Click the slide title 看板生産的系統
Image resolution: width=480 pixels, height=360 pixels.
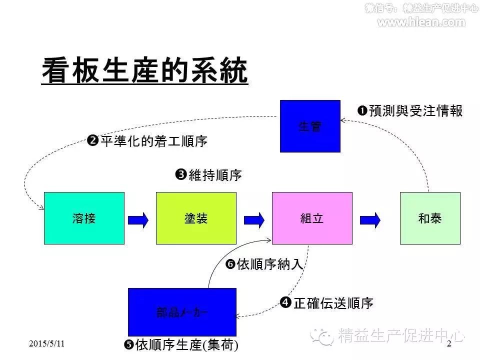pos(144,71)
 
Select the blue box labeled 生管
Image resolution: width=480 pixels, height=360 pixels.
pos(310,126)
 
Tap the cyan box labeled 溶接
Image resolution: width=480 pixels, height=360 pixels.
pos(84,218)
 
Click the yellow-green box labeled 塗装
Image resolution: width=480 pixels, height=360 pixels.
pos(196,218)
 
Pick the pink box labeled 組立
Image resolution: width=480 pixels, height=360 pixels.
pos(312,218)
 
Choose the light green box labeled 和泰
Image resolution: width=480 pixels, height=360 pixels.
pos(430,218)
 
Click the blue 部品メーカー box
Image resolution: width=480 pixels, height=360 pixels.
pos(182,312)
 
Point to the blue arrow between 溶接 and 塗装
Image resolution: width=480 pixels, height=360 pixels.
pos(138,219)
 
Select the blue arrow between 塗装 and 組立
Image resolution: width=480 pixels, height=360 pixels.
pos(254,219)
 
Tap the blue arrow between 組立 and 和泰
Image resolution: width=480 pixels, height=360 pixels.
pos(370,219)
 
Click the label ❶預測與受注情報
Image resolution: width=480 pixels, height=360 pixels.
pos(410,111)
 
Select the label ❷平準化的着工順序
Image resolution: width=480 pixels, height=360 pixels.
pos(147,141)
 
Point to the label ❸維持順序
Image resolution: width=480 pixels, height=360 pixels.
pos(208,175)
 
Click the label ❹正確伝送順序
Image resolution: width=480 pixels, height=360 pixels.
pos(327,303)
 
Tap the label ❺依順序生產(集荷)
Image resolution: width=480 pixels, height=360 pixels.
pos(180,344)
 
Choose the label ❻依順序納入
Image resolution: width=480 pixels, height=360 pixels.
pos(264,264)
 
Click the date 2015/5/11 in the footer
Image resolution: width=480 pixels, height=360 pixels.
pos(47,343)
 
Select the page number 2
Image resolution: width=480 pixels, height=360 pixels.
pos(448,343)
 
